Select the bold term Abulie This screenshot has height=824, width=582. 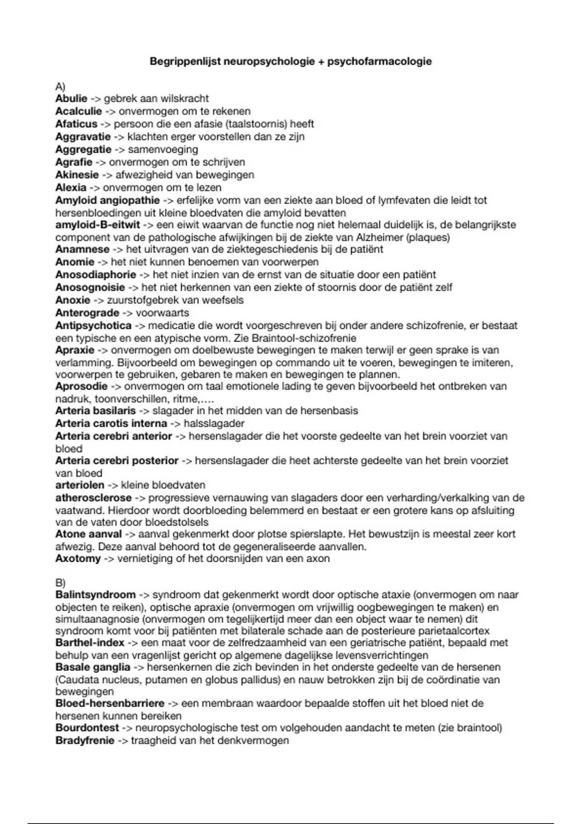click(x=71, y=99)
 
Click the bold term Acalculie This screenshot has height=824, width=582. click(x=79, y=111)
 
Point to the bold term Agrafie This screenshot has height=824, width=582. click(x=74, y=162)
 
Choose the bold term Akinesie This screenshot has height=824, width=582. click(x=77, y=175)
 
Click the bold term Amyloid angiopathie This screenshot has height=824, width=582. click(x=107, y=200)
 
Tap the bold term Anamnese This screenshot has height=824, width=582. click(x=82, y=250)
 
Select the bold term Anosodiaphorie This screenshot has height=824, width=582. click(x=96, y=275)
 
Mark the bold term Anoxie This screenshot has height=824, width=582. click(x=73, y=300)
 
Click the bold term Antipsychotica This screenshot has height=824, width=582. click(x=94, y=326)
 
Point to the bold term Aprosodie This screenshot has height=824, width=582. click(x=81, y=386)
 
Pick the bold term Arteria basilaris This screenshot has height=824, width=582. click(x=96, y=411)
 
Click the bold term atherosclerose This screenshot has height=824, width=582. click(x=94, y=498)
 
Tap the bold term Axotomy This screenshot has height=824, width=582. click(x=78, y=559)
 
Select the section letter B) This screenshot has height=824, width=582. click(x=60, y=583)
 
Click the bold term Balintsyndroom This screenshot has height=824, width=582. click(x=96, y=595)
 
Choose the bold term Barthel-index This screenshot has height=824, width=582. click(x=90, y=643)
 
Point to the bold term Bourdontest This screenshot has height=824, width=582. click(x=87, y=728)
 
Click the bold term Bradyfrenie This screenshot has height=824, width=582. click(x=85, y=741)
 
